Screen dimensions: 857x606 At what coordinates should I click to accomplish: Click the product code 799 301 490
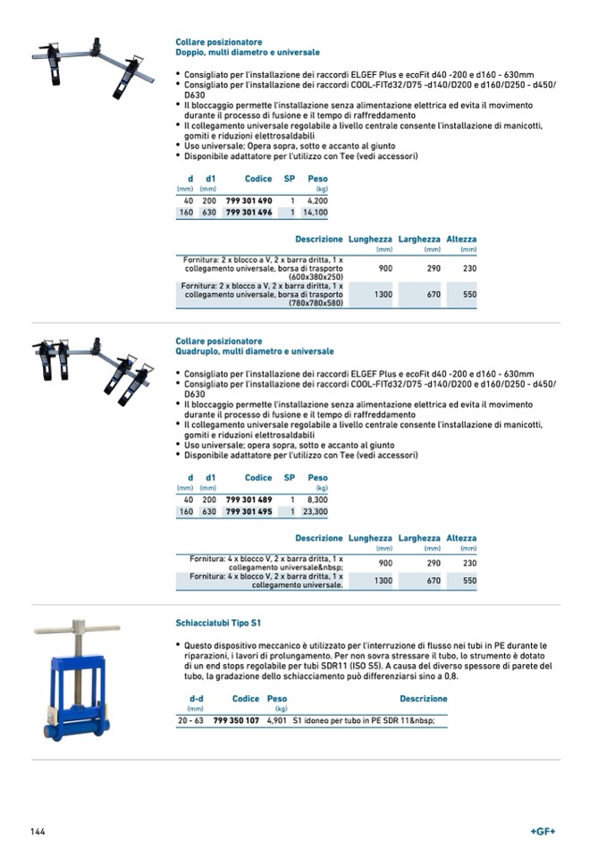coord(248,201)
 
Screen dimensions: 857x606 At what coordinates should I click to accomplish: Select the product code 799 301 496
coord(248,213)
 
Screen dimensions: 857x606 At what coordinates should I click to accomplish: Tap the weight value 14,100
coord(316,213)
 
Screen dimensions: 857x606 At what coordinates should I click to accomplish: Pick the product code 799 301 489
coord(248,500)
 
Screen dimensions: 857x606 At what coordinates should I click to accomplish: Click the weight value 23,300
coord(316,512)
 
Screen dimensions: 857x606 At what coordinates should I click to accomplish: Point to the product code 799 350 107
coord(236,719)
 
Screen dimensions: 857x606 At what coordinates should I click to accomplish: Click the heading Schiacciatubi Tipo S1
coord(218,622)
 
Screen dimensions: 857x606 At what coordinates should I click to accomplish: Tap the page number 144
coord(38,831)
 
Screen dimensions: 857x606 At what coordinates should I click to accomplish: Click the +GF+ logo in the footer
coord(543,831)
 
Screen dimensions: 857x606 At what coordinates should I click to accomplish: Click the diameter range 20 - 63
coord(191,719)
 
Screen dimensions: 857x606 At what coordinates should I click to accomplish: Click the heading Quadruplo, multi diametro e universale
coord(255,352)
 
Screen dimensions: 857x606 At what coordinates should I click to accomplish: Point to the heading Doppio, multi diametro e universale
coord(248,53)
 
